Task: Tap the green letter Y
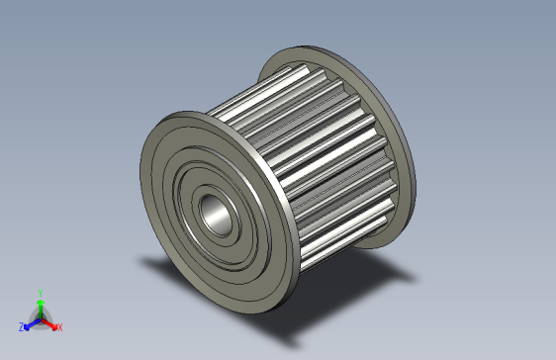point(40,293)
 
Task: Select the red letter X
point(59,326)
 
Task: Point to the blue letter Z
point(21,326)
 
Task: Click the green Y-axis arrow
point(40,307)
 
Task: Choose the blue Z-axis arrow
point(30,322)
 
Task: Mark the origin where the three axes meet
point(40,317)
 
